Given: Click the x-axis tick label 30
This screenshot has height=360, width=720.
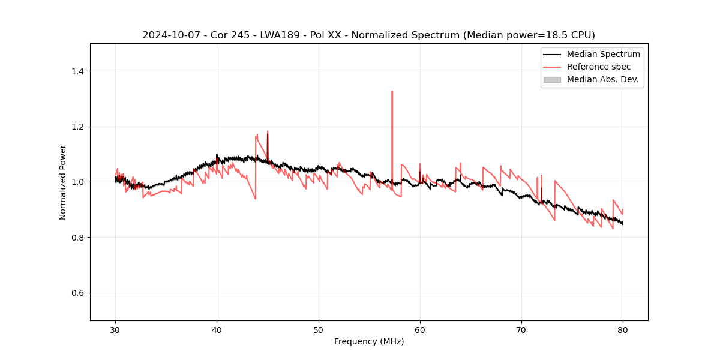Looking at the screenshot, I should (115, 329).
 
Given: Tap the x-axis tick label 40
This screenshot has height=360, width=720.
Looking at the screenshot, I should (217, 329).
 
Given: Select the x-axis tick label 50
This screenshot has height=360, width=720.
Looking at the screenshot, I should (318, 329).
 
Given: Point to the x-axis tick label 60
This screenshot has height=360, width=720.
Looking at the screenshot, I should (419, 329).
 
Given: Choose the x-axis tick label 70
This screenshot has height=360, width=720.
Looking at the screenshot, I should (521, 329).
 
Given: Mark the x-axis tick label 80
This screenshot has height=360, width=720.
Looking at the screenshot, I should (622, 329).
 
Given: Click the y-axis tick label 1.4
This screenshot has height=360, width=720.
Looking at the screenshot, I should (77, 71).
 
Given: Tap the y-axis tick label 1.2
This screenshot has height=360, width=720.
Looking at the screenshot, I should (77, 127).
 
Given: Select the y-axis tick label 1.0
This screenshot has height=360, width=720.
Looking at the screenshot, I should (77, 182).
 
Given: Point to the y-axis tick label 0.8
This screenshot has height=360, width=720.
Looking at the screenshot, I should (77, 238).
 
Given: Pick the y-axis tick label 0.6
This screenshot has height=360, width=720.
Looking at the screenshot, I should (77, 293).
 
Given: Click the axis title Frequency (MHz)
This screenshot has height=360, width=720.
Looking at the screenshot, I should (369, 341).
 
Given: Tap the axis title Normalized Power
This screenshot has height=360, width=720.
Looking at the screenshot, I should (63, 182).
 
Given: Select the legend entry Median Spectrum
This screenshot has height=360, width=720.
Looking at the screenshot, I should (603, 54).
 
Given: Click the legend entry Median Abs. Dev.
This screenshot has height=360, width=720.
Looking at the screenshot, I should (602, 79).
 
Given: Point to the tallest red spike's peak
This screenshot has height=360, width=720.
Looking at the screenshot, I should (392, 92).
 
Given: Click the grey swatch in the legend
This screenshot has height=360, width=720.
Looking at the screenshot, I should (552, 79).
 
